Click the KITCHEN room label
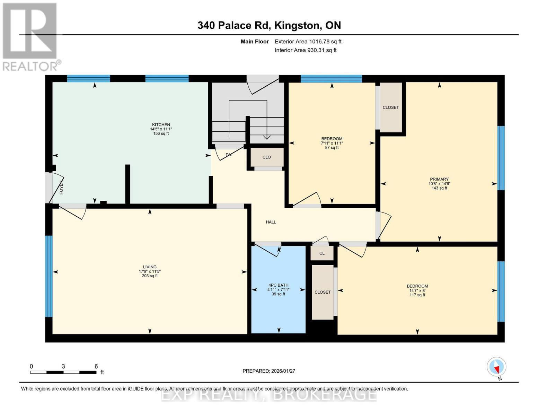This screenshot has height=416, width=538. pos(161,124)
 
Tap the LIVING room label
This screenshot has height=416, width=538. pos(150,267)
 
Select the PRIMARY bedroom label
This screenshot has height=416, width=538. pos(439,179)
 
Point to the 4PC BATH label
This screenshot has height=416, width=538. pos(278,285)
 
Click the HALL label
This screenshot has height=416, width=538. pos(271,222)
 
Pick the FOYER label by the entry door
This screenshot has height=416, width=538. pos(61,187)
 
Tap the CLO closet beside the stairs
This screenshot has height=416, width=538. pos(267,157)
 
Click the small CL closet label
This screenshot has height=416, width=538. pos(322,253)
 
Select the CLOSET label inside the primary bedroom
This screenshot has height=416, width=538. pos(391,107)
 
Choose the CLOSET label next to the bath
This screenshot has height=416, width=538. pos(323,292)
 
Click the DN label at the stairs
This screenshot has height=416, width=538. pos(229,155)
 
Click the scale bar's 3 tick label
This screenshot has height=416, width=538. pos(63,366)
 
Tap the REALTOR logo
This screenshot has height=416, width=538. pos(30,37)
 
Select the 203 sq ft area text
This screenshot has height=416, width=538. pos(150,276)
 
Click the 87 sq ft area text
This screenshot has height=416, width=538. pos(332,147)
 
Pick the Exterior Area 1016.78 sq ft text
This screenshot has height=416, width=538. pos(308,42)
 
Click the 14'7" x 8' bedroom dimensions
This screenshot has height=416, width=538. pos(417,291)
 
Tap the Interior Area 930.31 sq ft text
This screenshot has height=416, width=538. pos(306,50)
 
